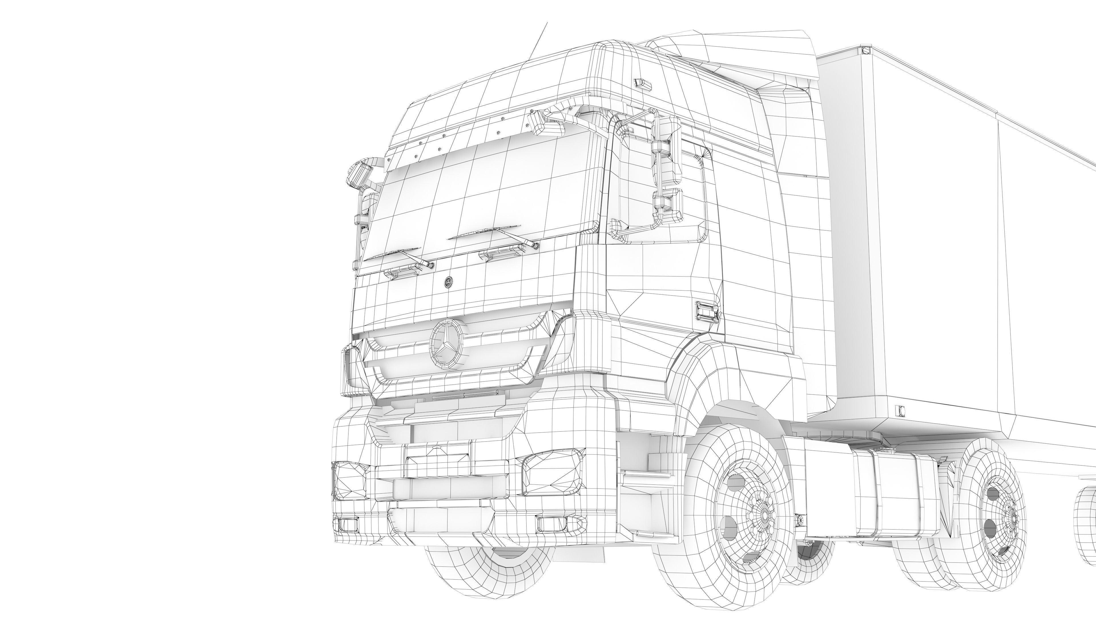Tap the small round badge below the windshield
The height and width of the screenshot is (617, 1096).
coord(448,281)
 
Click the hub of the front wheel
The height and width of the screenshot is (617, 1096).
coord(765,515)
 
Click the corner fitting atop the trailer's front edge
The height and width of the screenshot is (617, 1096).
coord(865,51)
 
